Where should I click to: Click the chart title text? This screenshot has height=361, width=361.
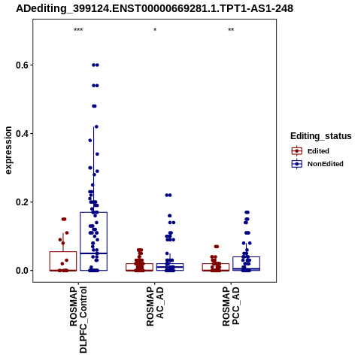[x=154, y=8]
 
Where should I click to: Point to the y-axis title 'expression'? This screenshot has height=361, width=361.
[x=8, y=150]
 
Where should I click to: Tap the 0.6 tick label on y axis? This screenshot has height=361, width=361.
[x=20, y=65]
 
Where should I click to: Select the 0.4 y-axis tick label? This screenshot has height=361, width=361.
[x=20, y=134]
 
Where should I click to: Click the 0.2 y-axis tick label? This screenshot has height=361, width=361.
[x=20, y=202]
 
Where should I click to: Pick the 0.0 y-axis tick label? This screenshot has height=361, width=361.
[x=20, y=271]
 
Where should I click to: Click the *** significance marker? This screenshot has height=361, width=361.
[x=78, y=30]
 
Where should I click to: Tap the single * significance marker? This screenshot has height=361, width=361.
[x=155, y=30]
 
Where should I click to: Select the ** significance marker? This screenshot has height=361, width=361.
[x=231, y=30]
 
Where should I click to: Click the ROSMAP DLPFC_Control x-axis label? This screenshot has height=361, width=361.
[x=78, y=320]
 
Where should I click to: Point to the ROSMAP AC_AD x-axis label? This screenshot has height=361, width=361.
[x=155, y=307]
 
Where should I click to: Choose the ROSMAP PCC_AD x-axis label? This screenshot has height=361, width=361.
[x=231, y=307]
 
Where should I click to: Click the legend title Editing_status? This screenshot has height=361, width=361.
[x=321, y=136]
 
